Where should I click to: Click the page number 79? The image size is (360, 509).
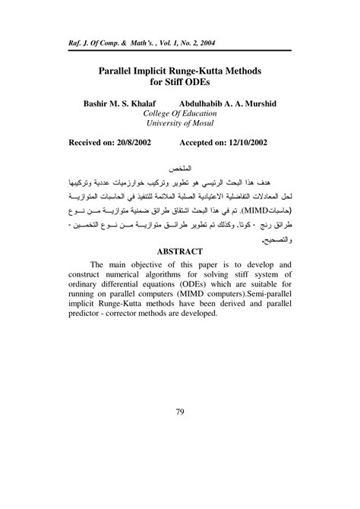180,413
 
